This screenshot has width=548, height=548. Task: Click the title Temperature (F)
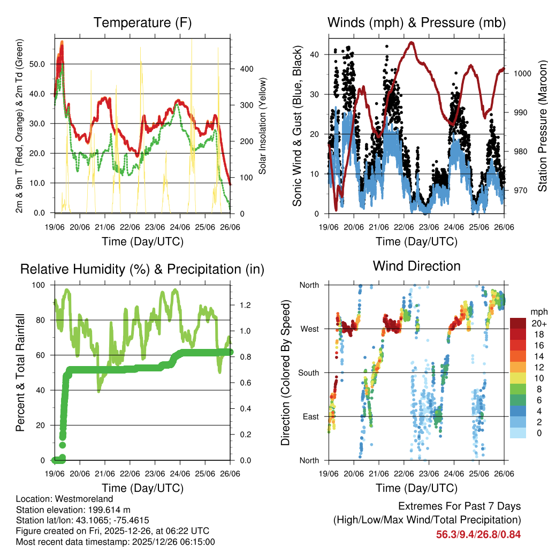(142, 23)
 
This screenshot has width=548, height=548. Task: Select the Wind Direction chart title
(416, 266)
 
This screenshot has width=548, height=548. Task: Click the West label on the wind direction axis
(309, 329)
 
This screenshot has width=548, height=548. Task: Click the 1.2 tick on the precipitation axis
(245, 305)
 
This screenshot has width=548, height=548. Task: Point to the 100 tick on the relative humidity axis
(40, 285)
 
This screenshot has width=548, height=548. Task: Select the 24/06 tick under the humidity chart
(180, 474)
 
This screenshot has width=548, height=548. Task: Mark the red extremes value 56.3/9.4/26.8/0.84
(478, 534)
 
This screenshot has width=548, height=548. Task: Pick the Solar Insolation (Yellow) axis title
(263, 126)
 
